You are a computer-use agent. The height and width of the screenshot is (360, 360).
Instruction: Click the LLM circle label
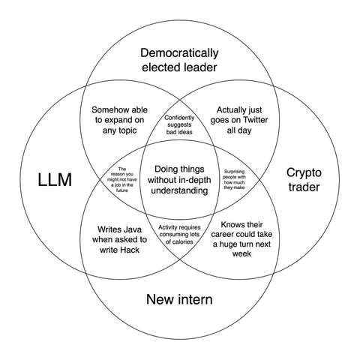[x=55, y=180]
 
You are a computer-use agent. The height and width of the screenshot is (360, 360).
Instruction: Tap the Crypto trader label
[x=304, y=180]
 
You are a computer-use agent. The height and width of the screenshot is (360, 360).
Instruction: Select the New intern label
[x=179, y=299]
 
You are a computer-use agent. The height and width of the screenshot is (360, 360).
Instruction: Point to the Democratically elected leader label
[x=179, y=60]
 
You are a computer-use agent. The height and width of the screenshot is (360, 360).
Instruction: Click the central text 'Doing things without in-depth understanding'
[x=179, y=180]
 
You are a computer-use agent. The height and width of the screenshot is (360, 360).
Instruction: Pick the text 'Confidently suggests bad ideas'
[x=179, y=124]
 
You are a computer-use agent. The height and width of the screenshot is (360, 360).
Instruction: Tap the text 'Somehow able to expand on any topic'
[x=119, y=120]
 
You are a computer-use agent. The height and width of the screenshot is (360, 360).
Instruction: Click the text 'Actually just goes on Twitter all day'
[x=239, y=120]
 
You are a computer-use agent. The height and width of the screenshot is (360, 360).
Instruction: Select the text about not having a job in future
[x=122, y=180]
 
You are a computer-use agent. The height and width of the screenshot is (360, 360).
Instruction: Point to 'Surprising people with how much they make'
[x=234, y=179]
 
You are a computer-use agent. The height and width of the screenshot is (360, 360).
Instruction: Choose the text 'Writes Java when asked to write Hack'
[x=119, y=239]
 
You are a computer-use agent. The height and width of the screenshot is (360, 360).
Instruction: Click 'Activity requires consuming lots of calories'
[x=179, y=235]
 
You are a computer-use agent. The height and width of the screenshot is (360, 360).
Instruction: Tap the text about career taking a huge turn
[x=241, y=239]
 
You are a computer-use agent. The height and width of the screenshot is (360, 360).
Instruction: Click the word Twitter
[x=255, y=120]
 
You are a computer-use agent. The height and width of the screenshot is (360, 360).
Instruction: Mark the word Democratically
[x=179, y=53]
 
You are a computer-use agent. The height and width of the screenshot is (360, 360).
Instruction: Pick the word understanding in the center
[x=179, y=190]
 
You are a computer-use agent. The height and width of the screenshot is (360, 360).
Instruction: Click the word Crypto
[x=304, y=173]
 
